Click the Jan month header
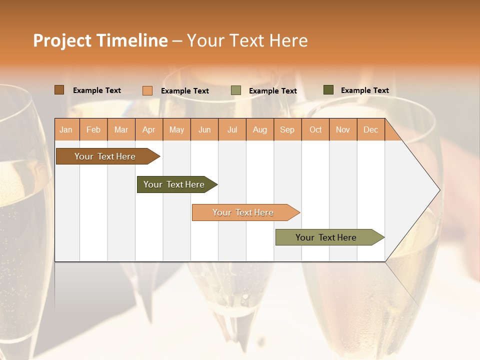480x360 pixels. tap(66, 129)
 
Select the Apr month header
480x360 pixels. tap(149, 129)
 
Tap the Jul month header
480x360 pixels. tap(232, 129)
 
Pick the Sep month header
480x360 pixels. tap(287, 129)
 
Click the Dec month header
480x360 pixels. tap(370, 129)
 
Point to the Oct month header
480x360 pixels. tap(315, 129)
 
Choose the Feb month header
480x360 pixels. tap(93, 129)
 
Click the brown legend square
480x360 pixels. tap(59, 90)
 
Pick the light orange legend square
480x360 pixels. tap(147, 90)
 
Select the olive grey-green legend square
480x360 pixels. tap(236, 90)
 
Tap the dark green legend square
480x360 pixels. tap(328, 90)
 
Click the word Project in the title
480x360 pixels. tap(61, 40)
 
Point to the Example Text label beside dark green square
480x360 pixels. tap(364, 90)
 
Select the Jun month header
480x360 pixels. tap(204, 129)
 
